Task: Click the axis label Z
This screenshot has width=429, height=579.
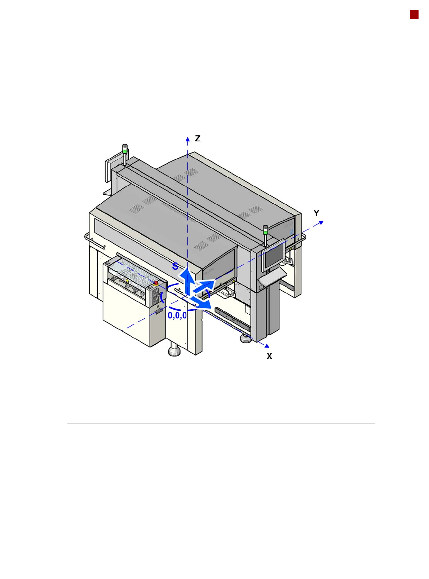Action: (x=198, y=138)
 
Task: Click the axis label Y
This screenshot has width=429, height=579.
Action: (x=317, y=213)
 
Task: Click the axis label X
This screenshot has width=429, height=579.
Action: (x=269, y=356)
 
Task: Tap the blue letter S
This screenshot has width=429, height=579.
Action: (x=175, y=266)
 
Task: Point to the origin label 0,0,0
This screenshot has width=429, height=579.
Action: (x=177, y=315)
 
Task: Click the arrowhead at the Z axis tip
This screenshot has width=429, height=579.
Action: (x=187, y=139)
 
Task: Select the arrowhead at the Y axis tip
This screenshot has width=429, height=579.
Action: (x=321, y=222)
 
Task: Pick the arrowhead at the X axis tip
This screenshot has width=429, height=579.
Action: (x=266, y=346)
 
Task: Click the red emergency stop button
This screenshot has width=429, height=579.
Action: (x=156, y=283)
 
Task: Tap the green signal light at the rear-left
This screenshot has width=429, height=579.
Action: (x=125, y=151)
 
